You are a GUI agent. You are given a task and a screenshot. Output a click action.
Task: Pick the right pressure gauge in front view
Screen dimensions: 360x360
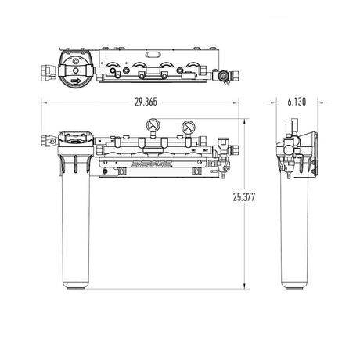tap(189, 126)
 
